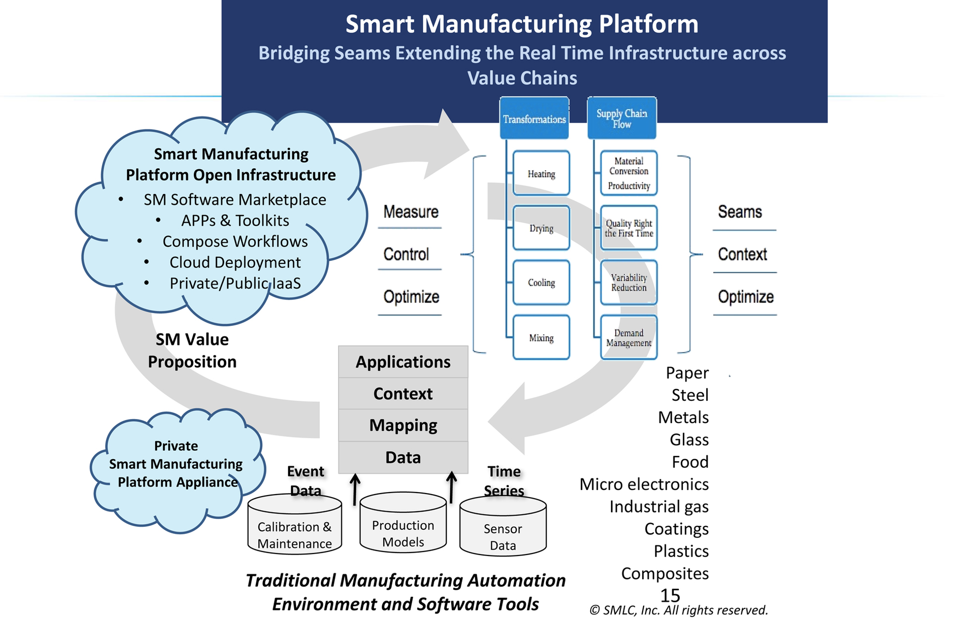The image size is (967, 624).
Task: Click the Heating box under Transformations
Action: click(x=541, y=173)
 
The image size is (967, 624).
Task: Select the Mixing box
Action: click(x=541, y=337)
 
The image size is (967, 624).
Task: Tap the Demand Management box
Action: click(x=629, y=337)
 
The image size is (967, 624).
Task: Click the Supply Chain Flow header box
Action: click(x=621, y=118)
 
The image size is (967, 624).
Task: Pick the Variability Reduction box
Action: click(x=629, y=283)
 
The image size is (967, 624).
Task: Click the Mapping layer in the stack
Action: click(x=403, y=425)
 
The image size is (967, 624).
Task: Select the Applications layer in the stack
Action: click(x=403, y=362)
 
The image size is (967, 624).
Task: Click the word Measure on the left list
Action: click(x=410, y=212)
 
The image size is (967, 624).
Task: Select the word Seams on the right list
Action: click(x=739, y=212)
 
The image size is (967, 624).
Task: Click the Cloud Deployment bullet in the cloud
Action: click(x=235, y=262)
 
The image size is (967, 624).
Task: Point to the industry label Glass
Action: click(x=689, y=440)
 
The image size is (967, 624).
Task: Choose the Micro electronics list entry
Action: click(x=644, y=484)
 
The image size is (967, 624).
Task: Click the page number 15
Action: click(x=670, y=595)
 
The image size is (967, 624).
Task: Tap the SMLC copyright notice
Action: click(x=678, y=610)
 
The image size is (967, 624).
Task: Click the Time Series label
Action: click(x=504, y=480)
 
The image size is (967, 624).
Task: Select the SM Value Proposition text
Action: click(x=192, y=351)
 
